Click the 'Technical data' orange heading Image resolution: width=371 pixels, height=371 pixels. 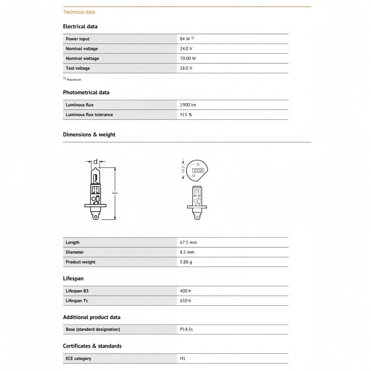(x=79, y=12)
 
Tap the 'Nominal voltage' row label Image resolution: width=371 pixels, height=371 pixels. (x=82, y=49)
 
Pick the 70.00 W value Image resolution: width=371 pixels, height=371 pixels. (x=188, y=58)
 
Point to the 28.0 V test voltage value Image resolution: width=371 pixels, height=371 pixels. (x=186, y=68)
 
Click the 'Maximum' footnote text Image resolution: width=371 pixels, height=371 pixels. (x=74, y=79)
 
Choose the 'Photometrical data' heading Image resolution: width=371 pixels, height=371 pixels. (x=86, y=92)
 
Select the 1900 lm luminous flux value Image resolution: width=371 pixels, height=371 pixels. (x=188, y=105)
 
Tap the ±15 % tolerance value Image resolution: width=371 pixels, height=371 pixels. (x=186, y=115)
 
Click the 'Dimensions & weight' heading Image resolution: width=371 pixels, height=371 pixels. (x=89, y=135)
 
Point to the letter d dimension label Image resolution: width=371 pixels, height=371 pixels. (x=95, y=161)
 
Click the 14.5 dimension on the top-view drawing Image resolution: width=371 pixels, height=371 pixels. (x=183, y=170)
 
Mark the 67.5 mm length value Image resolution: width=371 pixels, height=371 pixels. (x=188, y=242)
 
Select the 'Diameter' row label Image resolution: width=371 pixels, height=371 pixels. (x=75, y=252)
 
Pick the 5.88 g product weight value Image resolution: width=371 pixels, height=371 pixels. (x=186, y=262)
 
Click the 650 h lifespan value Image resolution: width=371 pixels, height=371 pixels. (x=185, y=301)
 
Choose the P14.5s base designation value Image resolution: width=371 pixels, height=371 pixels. (x=186, y=329)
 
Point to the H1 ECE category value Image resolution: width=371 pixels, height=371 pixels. (x=182, y=358)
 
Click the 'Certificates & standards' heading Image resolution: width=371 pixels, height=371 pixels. (x=92, y=346)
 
